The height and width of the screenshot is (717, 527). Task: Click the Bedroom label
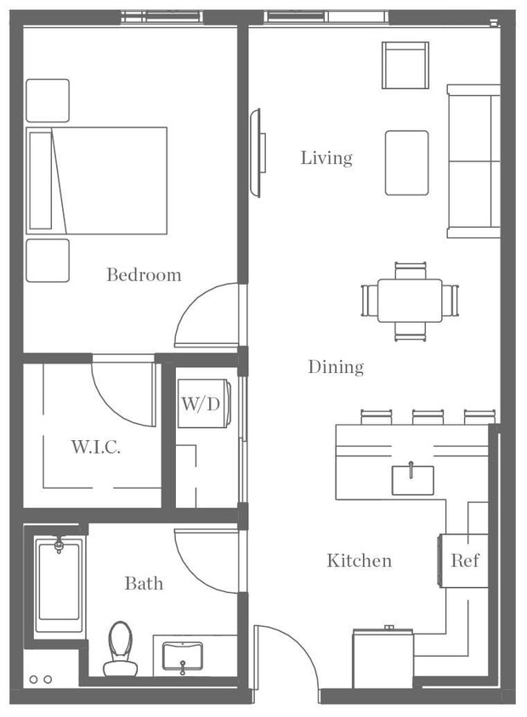pyautogui.click(x=144, y=274)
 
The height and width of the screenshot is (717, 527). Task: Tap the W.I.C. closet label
pyautogui.click(x=94, y=446)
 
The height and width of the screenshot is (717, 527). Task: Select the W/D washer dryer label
pyautogui.click(x=200, y=404)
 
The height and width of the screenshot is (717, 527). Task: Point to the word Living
pyautogui.click(x=326, y=158)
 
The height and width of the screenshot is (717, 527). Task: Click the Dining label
pyautogui.click(x=336, y=367)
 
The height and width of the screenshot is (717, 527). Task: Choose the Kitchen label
pyautogui.click(x=360, y=561)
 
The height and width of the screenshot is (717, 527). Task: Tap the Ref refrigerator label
pyautogui.click(x=465, y=561)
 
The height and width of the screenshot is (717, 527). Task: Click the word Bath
pyautogui.click(x=144, y=584)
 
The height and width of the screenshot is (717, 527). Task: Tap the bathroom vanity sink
pyautogui.click(x=183, y=657)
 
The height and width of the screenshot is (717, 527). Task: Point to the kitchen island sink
pyautogui.click(x=412, y=479)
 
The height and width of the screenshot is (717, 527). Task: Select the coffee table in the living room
pyautogui.click(x=406, y=161)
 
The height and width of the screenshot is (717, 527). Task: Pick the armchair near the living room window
pyautogui.click(x=405, y=65)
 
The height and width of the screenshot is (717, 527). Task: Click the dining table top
pyautogui.click(x=410, y=301)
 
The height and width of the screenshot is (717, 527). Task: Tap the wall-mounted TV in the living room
pyautogui.click(x=255, y=153)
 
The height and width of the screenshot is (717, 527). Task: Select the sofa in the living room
pyautogui.click(x=473, y=160)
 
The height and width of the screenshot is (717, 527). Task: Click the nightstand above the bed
pyautogui.click(x=48, y=100)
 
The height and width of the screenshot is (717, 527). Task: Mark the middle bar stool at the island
pyautogui.click(x=426, y=417)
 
